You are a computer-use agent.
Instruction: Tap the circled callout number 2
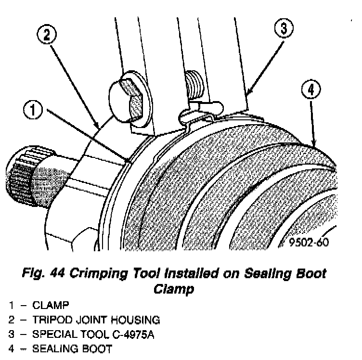point(48,34)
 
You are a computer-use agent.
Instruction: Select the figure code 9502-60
point(310,242)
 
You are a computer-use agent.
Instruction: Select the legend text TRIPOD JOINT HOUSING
point(96,320)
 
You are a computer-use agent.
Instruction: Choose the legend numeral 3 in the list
point(11,334)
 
